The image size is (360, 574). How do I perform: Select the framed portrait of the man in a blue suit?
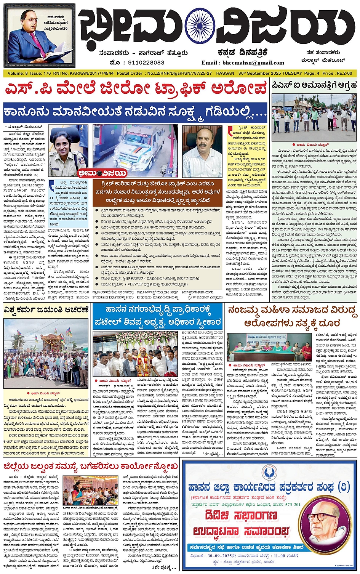pyautogui.click(x=40, y=36)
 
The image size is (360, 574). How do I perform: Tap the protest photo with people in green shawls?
pyautogui.click(x=314, y=118)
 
